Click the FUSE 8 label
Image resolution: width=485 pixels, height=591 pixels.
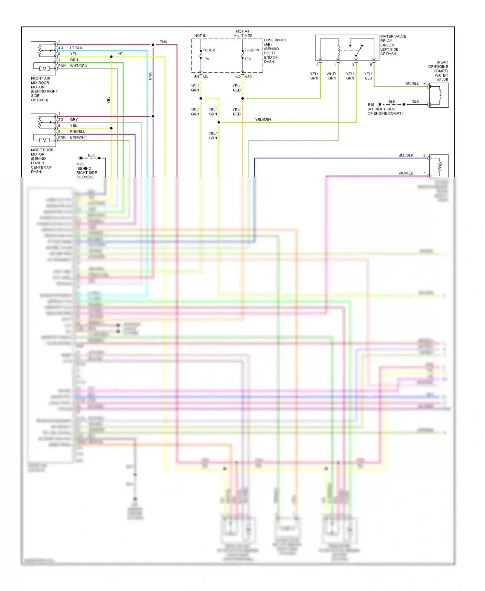(x=209, y=50)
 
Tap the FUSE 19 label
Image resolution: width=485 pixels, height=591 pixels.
(x=252, y=50)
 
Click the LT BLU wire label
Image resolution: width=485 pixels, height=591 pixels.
(x=76, y=48)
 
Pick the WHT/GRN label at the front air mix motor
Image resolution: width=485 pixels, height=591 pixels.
(x=79, y=66)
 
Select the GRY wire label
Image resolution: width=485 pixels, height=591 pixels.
(x=74, y=120)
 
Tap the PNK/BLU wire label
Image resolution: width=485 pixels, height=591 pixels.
(x=78, y=132)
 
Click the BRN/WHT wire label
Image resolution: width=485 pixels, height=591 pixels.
(x=78, y=137)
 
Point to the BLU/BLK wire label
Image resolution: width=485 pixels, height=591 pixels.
(x=405, y=155)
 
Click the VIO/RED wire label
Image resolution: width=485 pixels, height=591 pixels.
(x=406, y=173)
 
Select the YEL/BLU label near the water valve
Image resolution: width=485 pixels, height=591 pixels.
(x=412, y=84)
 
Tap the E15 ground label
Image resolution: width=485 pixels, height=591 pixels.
(x=371, y=105)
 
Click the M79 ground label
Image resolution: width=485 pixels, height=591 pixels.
(x=80, y=164)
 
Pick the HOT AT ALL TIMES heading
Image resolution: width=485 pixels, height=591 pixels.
(x=243, y=34)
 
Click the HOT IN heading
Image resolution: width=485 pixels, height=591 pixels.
(x=200, y=36)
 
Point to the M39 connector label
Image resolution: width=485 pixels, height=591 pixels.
(x=248, y=77)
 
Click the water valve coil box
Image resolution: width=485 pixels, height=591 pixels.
(x=439, y=95)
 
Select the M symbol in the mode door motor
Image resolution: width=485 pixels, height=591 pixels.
(x=44, y=140)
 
